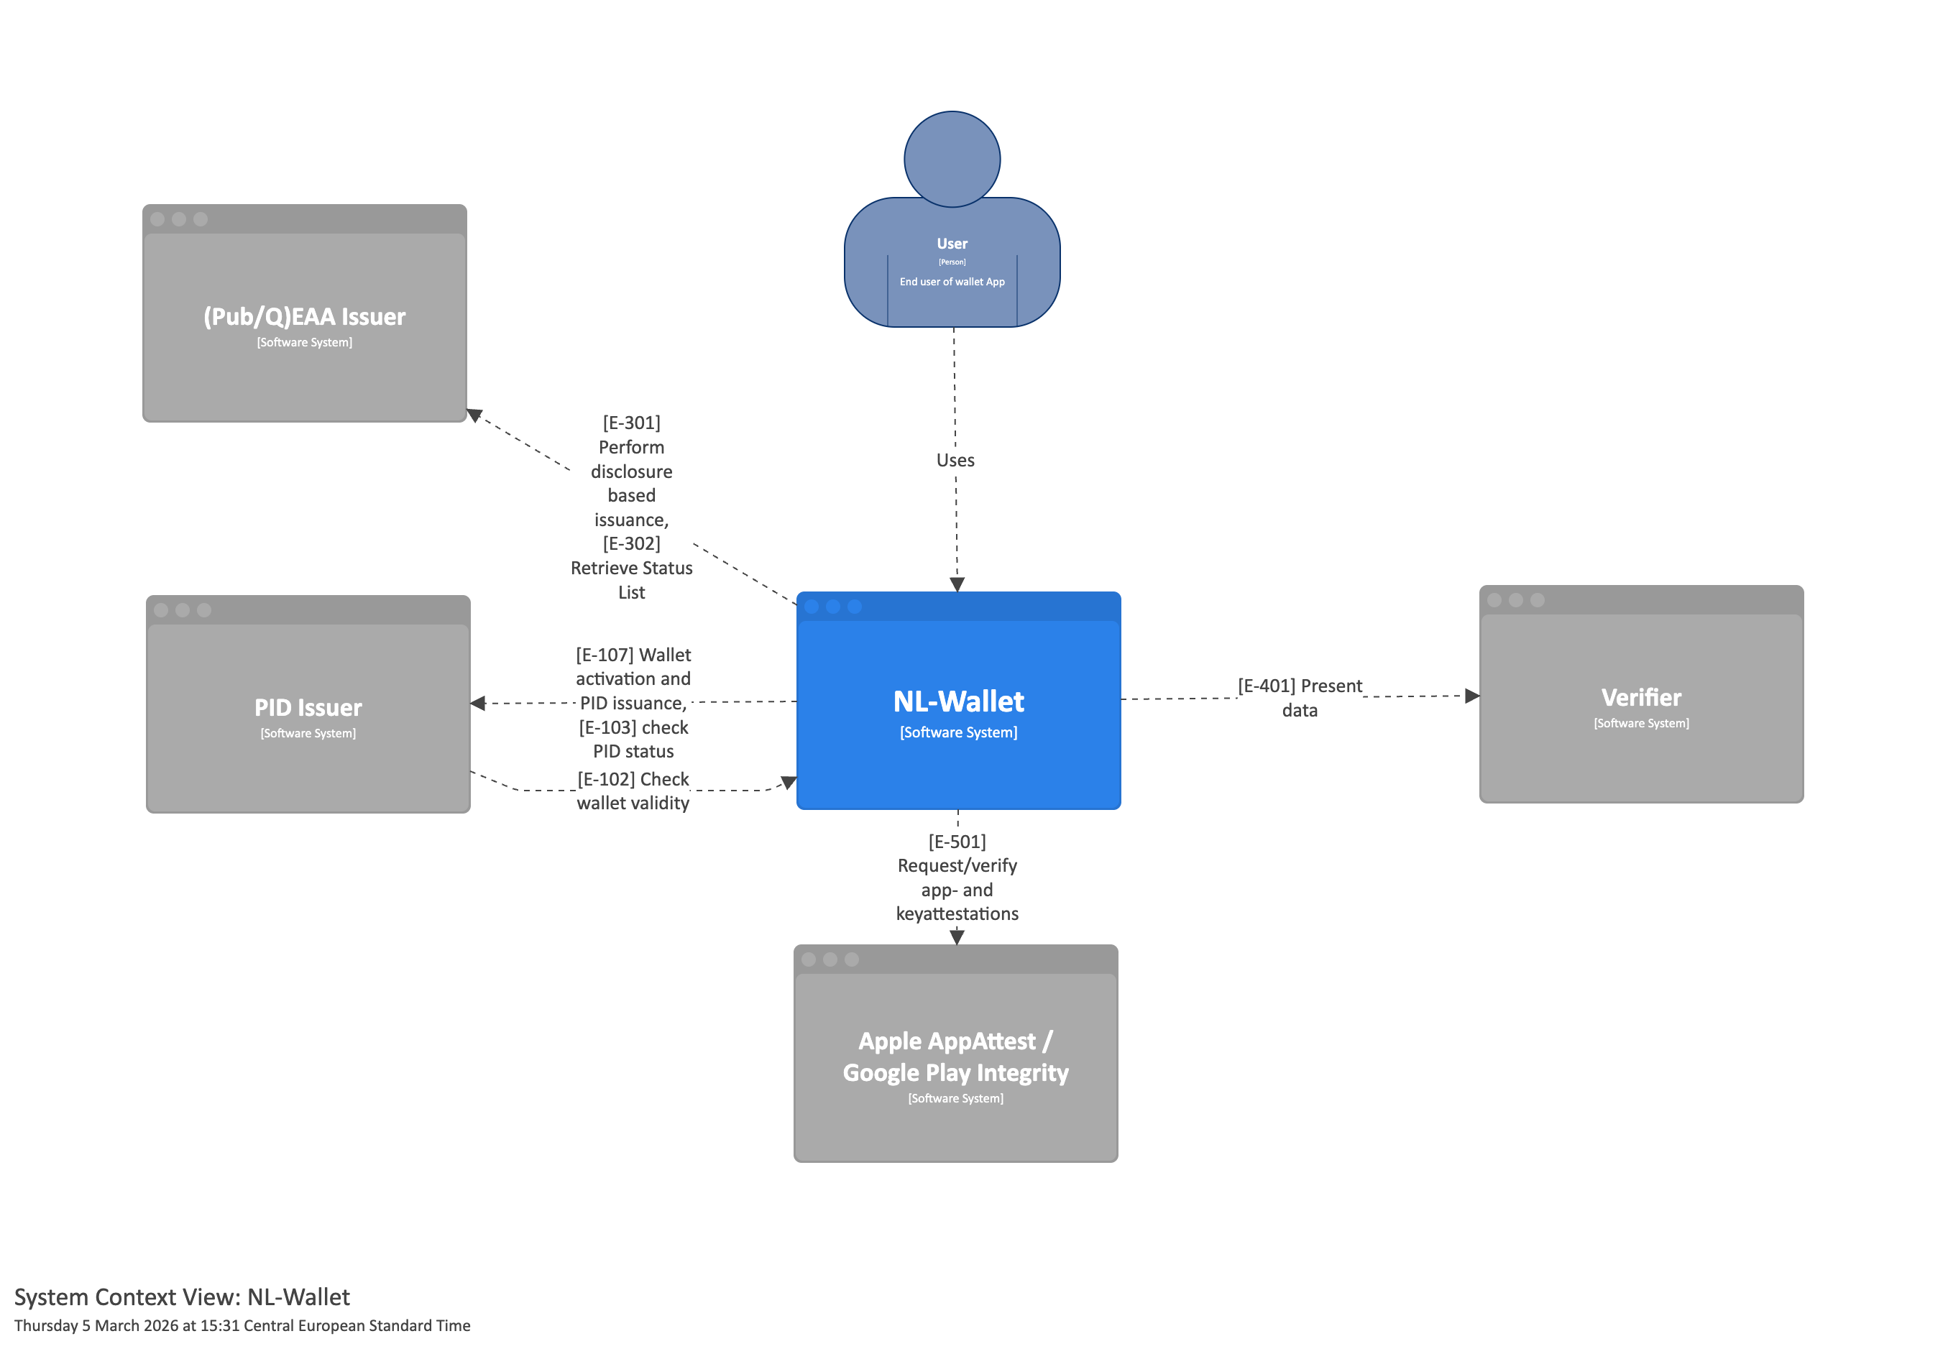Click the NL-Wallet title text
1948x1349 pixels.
pyautogui.click(x=957, y=701)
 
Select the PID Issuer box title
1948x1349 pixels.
pyautogui.click(x=308, y=707)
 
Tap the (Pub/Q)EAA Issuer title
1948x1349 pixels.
pyautogui.click(x=304, y=316)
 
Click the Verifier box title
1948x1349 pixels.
pyautogui.click(x=1640, y=697)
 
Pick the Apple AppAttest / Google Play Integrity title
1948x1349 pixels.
pyautogui.click(x=955, y=1056)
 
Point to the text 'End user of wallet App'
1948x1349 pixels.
pyautogui.click(x=952, y=282)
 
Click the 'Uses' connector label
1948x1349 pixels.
pyautogui.click(x=955, y=460)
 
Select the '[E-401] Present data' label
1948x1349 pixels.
pyautogui.click(x=1299, y=697)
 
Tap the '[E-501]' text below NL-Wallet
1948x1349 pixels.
pyautogui.click(x=957, y=841)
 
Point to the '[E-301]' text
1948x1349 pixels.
pyautogui.click(x=631, y=422)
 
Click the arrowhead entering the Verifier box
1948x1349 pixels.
pyautogui.click(x=1471, y=696)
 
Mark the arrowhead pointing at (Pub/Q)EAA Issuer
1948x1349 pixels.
pyautogui.click(x=475, y=415)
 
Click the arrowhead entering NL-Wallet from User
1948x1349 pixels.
pyautogui.click(x=957, y=584)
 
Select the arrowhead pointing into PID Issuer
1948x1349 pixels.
pyautogui.click(x=478, y=703)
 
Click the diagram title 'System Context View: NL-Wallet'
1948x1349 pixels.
pyautogui.click(x=182, y=1297)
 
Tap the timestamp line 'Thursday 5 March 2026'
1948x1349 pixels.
pyautogui.click(x=242, y=1325)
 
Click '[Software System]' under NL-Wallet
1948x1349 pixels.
pyautogui.click(x=957, y=732)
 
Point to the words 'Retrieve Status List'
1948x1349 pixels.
pyautogui.click(x=631, y=580)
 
